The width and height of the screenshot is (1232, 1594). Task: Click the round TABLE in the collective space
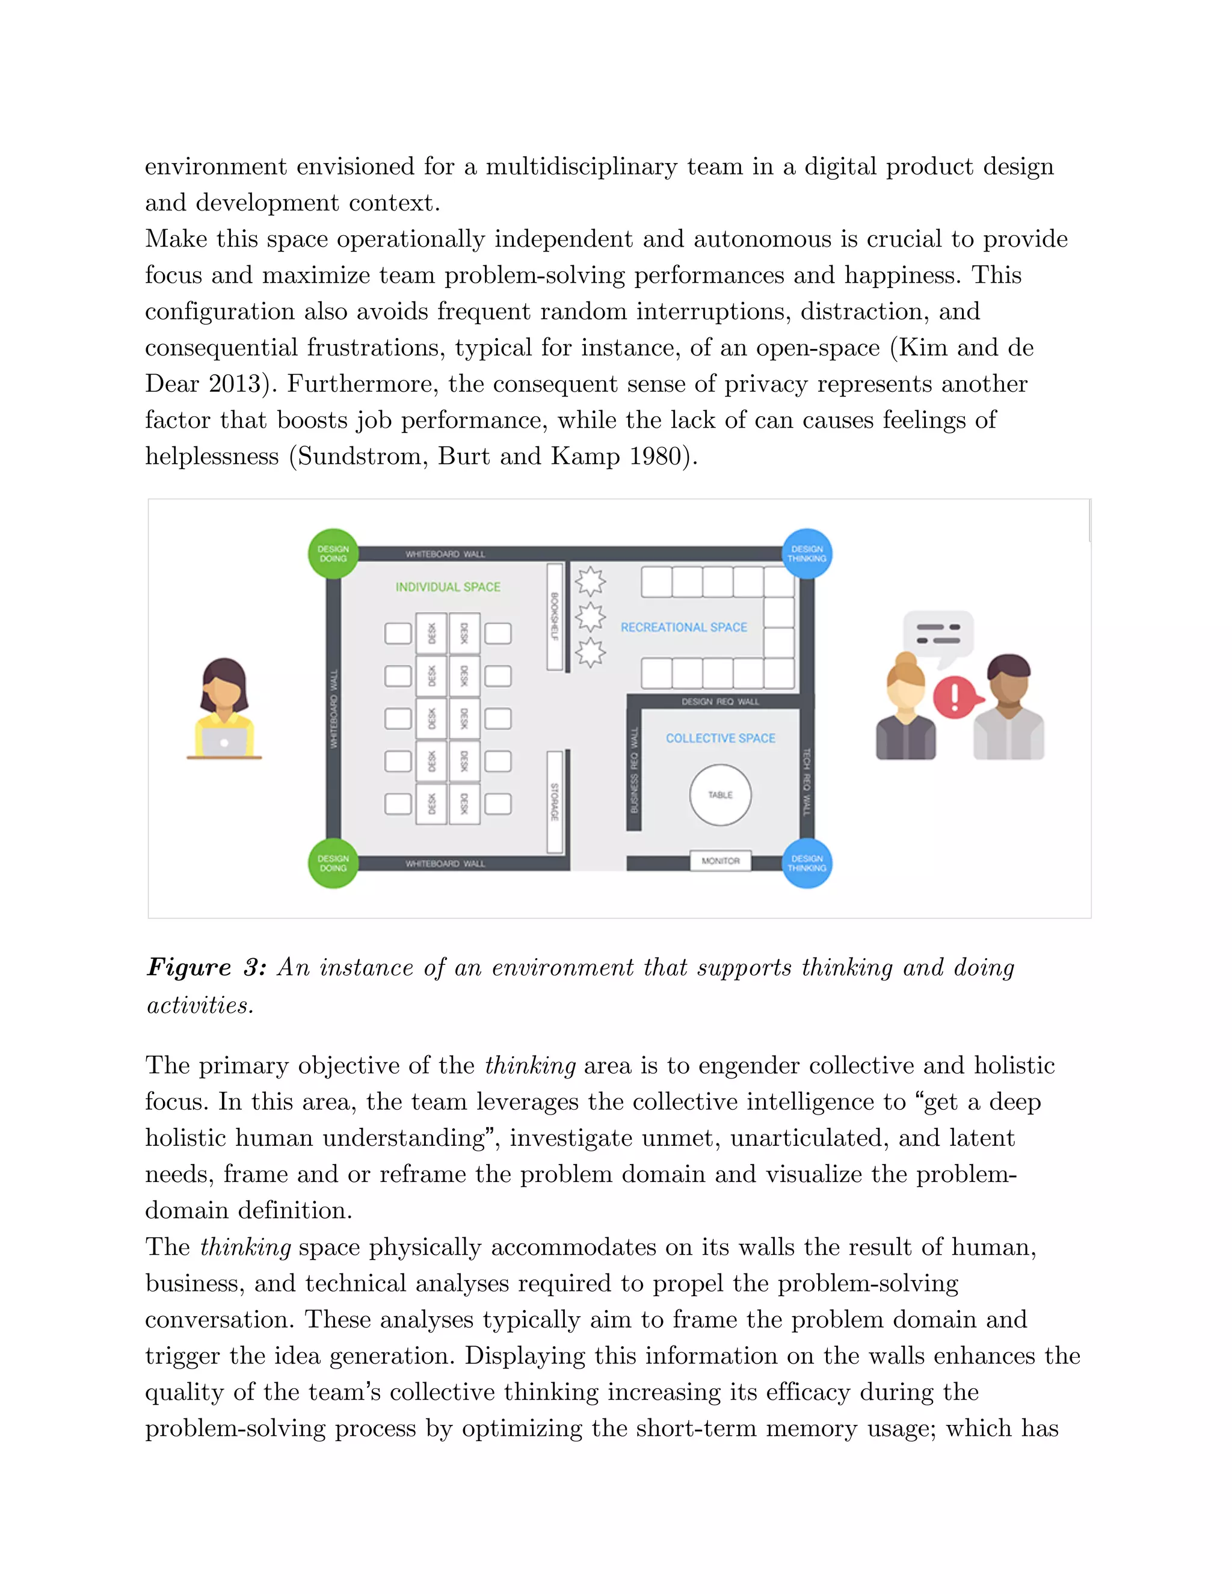coord(719,795)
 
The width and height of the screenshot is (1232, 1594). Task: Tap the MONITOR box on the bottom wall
coord(720,861)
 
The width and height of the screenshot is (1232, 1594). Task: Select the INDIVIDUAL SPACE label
coord(448,587)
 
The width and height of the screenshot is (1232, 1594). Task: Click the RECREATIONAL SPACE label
coord(683,627)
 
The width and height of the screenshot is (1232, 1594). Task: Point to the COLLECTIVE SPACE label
coord(720,738)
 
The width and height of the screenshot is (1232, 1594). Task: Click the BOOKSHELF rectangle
coord(555,616)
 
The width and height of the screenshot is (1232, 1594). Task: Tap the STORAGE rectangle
coord(555,801)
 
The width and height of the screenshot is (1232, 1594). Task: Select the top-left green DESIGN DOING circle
coord(333,553)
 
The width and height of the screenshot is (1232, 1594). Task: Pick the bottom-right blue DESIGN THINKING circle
coord(807,863)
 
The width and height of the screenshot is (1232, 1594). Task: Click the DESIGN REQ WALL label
coord(719,701)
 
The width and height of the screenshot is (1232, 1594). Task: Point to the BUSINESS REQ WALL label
coord(633,770)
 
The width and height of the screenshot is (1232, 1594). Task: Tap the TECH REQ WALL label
coord(807,781)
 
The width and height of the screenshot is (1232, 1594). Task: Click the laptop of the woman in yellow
coord(224,742)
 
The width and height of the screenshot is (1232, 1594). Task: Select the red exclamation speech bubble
coord(955,697)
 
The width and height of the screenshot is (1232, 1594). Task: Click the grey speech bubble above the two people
coord(938,633)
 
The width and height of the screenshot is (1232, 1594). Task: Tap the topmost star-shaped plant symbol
coord(590,582)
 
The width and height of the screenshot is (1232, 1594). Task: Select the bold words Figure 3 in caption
coord(206,967)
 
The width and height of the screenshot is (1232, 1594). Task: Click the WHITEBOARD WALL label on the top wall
coord(445,554)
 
